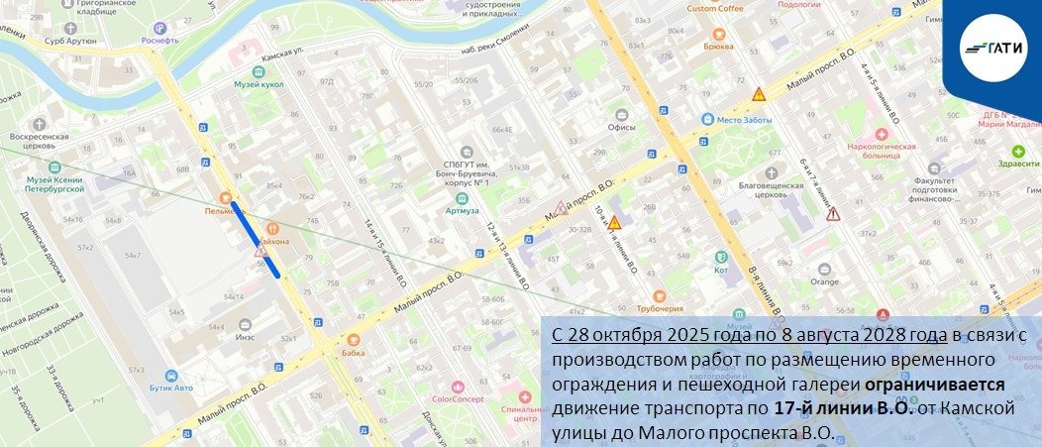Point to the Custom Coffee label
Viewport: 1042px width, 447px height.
(715, 9)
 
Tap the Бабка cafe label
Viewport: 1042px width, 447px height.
(354, 352)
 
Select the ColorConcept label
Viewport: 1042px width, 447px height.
(456, 399)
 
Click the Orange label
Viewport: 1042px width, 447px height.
(824, 281)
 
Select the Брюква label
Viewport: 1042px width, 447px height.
(719, 46)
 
